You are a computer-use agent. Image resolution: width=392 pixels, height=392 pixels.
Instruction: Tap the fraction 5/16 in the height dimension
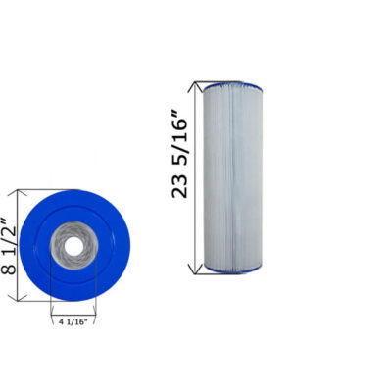coord(179,133)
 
